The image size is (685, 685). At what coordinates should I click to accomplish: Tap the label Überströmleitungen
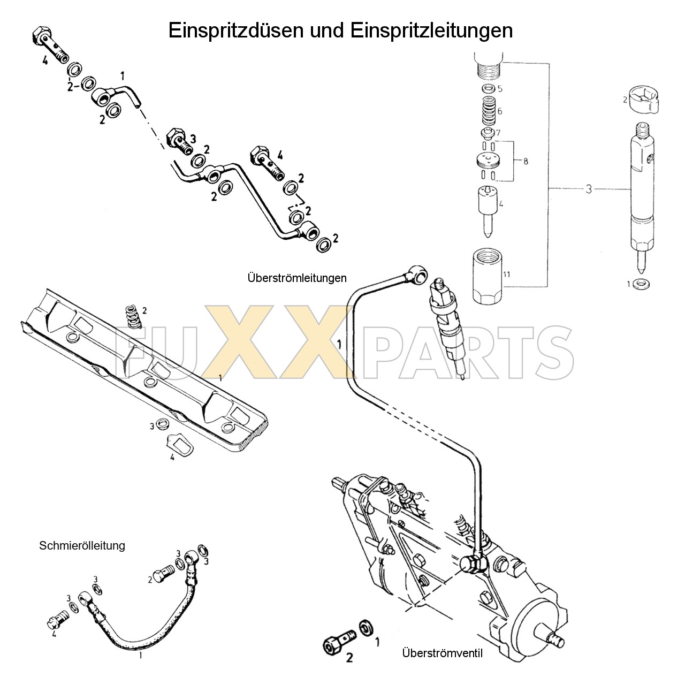(x=297, y=278)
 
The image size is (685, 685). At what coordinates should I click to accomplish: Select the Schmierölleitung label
(x=82, y=545)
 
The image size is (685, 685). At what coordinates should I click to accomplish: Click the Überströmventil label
(x=442, y=653)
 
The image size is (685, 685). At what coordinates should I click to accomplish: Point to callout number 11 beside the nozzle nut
(x=506, y=275)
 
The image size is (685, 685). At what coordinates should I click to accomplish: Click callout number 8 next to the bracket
(x=526, y=161)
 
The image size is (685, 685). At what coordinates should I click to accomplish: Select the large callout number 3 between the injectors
(x=588, y=189)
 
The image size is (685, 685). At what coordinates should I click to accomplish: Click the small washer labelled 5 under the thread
(x=488, y=89)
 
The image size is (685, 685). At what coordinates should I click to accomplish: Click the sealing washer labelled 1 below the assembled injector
(x=639, y=284)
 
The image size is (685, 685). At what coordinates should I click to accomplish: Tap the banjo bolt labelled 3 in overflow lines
(x=179, y=140)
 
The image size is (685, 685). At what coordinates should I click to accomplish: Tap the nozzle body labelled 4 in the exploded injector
(x=488, y=209)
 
